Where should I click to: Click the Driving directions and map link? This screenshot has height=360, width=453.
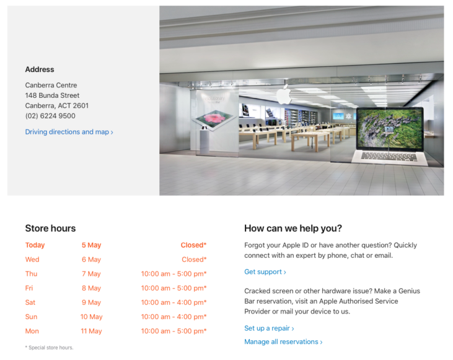pos(69,132)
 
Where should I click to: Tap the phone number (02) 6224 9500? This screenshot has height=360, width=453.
pos(50,116)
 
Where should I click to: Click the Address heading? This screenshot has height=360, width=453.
pos(40,69)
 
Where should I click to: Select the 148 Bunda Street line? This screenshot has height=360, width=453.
pos(52,95)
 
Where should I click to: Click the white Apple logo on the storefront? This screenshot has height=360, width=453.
pos(283,95)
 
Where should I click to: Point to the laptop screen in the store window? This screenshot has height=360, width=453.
pos(390,128)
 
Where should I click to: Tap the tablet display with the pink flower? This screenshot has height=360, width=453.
pos(213,118)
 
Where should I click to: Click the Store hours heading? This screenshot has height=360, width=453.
pos(50,228)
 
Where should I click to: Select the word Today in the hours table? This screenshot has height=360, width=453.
pos(35,245)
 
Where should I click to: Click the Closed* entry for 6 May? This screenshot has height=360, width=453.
pos(194,260)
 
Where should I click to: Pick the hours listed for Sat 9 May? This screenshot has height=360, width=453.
pos(174,302)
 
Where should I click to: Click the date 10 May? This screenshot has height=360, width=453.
pos(91,317)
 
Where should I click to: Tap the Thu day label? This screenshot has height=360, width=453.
pos(32,274)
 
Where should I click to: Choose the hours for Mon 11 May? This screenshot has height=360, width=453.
pos(174,331)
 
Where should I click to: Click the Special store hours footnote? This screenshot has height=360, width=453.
pos(49,348)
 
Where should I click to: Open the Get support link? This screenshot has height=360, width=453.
pos(265,272)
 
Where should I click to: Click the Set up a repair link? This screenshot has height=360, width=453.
pos(269,328)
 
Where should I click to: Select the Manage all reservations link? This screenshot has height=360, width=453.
pos(283,342)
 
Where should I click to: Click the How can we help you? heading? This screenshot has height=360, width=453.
pos(293,228)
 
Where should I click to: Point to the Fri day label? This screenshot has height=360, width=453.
pos(30,288)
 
